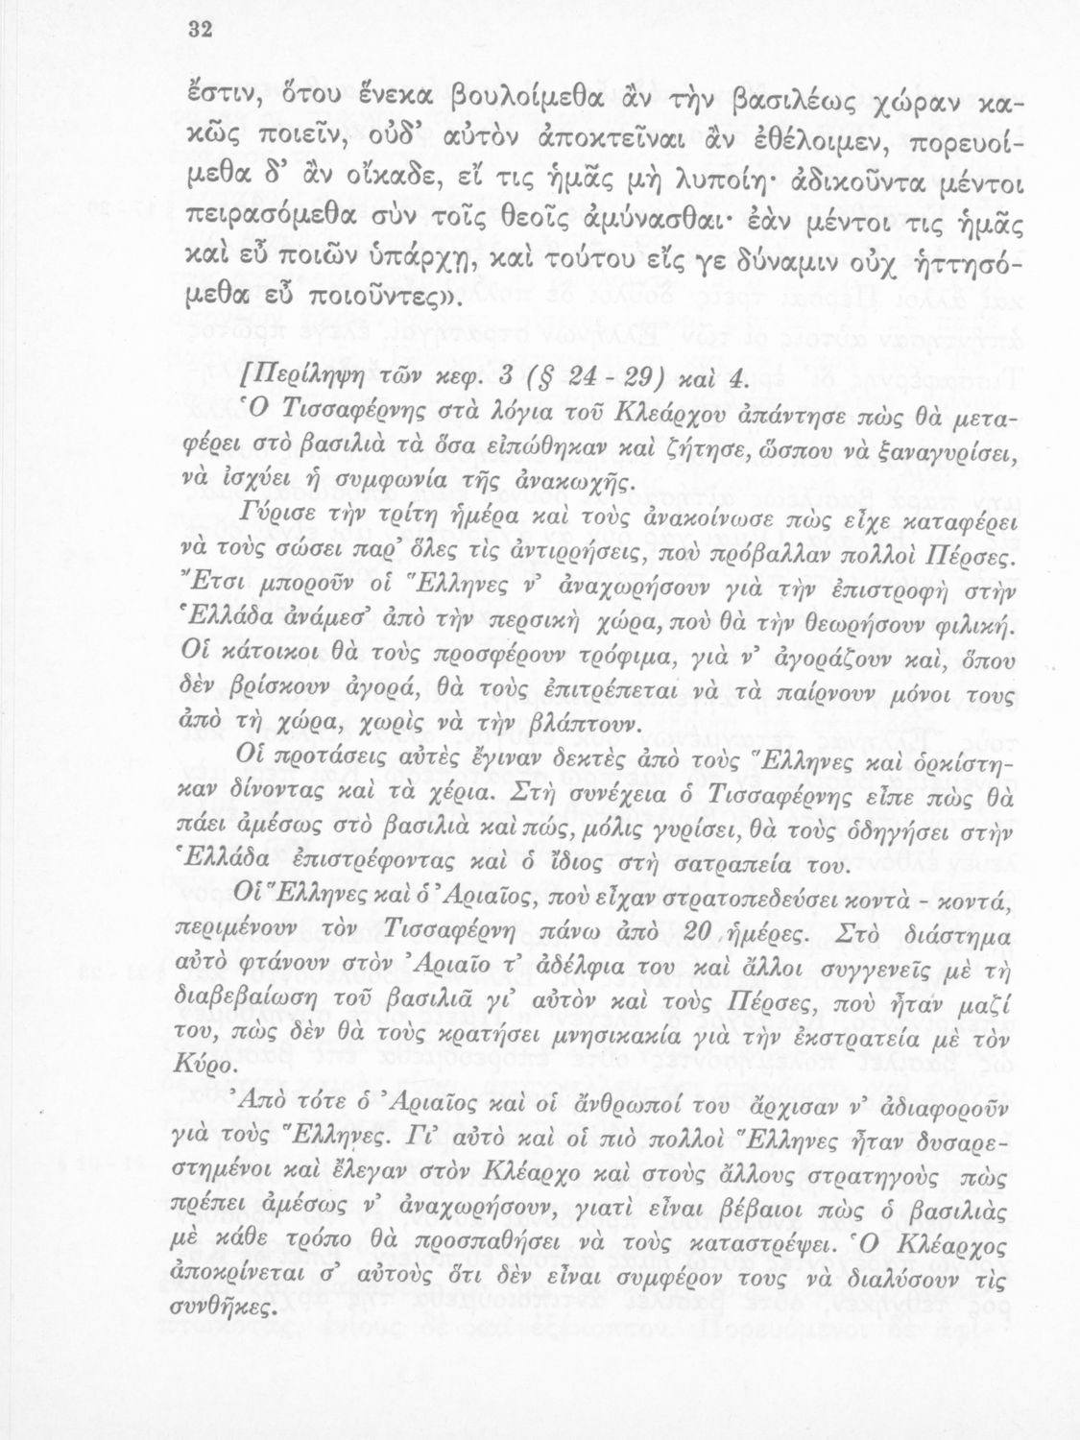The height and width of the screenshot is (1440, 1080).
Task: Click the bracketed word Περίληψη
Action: (x=304, y=381)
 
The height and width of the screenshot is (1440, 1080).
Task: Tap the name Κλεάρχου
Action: (x=634, y=414)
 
